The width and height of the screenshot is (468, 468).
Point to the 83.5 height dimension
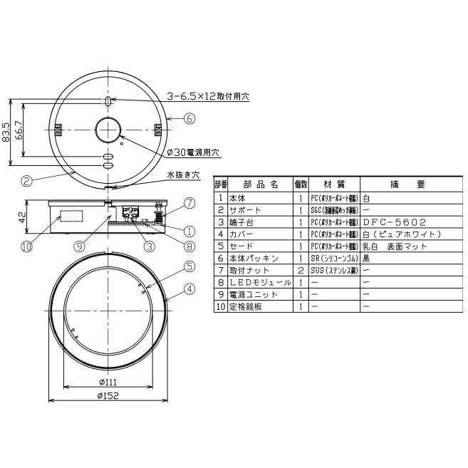click(x=7, y=133)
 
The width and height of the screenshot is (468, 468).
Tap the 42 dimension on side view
click(x=23, y=216)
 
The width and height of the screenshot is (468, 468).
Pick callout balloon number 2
click(x=26, y=181)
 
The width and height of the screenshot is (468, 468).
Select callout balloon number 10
click(x=27, y=247)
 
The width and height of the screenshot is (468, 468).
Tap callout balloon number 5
click(x=189, y=267)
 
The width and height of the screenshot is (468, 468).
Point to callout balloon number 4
click(x=189, y=288)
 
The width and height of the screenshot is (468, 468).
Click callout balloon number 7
click(x=189, y=203)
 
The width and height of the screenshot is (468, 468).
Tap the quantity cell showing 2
click(x=301, y=270)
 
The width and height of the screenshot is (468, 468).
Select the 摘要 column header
click(x=410, y=184)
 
